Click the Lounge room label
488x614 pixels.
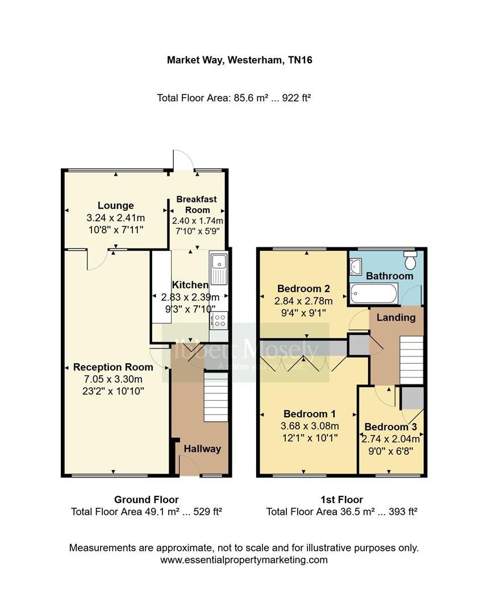click(x=115, y=206)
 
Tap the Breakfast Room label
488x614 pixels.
click(x=197, y=205)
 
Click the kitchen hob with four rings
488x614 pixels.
click(x=218, y=321)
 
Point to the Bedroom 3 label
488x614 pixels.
click(x=386, y=427)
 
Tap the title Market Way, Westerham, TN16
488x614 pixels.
click(x=239, y=60)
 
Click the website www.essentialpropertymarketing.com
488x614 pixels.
click(x=244, y=559)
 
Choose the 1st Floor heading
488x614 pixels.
click(x=341, y=500)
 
